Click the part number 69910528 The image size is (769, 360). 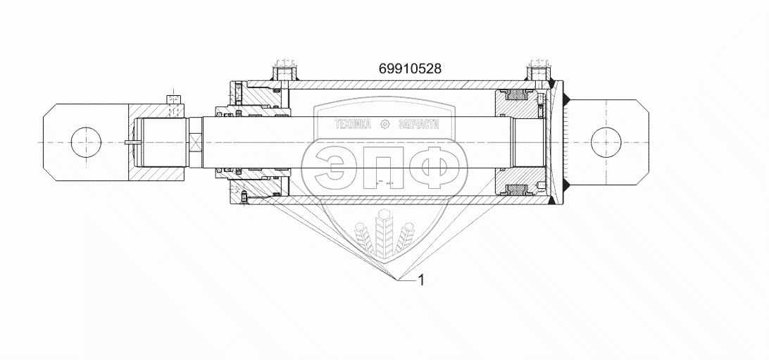(410, 68)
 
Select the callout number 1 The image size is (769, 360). (420, 280)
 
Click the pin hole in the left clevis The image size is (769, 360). (87, 142)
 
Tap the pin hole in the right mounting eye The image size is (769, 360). (606, 142)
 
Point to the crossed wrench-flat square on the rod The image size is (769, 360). (195, 143)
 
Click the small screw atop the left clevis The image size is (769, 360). (174, 99)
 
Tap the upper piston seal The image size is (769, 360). (516, 94)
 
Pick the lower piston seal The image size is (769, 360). (516, 190)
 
